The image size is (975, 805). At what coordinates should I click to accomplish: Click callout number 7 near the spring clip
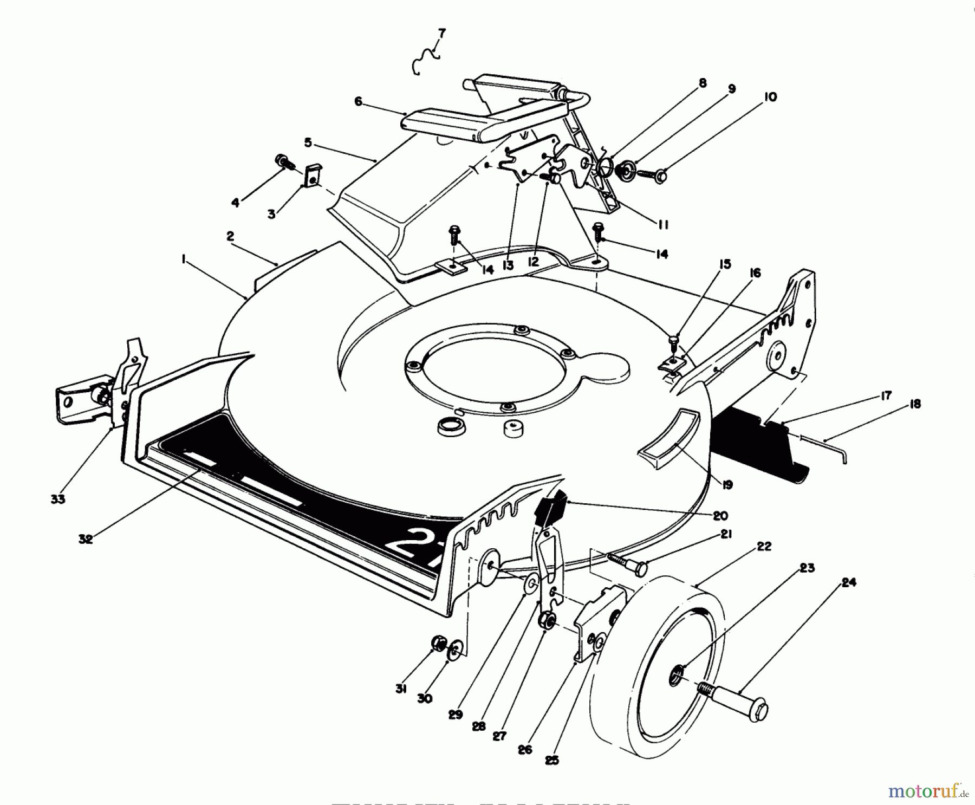441,34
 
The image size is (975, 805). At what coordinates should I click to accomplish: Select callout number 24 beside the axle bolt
848,583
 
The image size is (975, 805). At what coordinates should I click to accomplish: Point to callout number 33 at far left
58,499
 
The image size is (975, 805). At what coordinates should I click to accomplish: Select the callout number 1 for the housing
184,261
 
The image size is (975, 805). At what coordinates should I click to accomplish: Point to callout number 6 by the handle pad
358,101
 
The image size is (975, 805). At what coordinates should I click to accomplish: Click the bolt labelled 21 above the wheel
628,563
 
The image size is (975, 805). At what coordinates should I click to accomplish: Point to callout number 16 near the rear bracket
755,274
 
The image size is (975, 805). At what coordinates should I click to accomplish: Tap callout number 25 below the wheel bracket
551,760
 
